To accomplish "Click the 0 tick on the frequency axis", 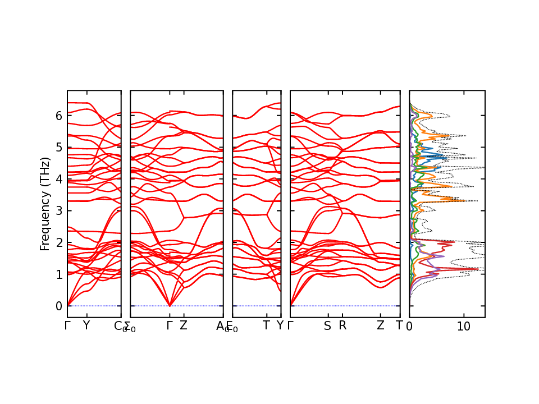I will tap(58, 306).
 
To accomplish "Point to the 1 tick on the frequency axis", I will tap(58, 274).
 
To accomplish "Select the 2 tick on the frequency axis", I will tap(58, 242).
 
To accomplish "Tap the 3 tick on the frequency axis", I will tap(58, 211).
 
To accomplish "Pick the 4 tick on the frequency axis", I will tap(58, 179).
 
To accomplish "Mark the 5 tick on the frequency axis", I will tap(58, 147).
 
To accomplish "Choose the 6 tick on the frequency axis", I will tap(58, 116).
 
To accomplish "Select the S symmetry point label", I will tap(328, 325).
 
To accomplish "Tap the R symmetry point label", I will tap(342, 325).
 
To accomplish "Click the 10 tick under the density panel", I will tap(464, 326).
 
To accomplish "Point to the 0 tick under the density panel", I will tap(409, 326).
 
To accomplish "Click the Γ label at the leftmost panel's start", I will tap(67, 325).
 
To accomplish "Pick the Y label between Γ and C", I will tap(86, 325).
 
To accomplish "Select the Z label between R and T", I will tap(381, 325).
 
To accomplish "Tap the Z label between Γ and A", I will tap(184, 325).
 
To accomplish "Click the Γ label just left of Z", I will tap(170, 325).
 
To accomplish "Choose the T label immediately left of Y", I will tap(267, 325).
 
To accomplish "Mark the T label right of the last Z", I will tap(399, 325).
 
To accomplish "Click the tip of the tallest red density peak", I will tap(479, 269).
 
